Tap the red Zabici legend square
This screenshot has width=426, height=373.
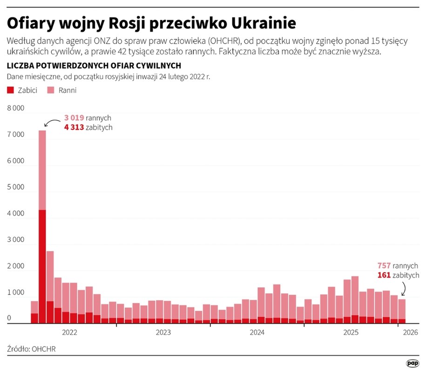click(11, 90)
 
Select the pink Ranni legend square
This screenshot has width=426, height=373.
click(51, 90)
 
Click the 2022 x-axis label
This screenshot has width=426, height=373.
click(69, 332)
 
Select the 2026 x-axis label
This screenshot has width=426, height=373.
click(410, 332)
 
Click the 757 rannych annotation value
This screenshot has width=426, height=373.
click(384, 266)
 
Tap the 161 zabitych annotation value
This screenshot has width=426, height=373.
click(384, 275)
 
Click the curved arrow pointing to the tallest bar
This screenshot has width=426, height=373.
click(50, 122)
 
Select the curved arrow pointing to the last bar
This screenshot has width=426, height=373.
click(403, 289)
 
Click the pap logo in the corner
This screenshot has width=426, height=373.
click(412, 363)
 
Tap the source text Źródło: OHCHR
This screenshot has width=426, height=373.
click(27, 348)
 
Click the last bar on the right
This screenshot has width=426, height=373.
click(401, 311)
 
